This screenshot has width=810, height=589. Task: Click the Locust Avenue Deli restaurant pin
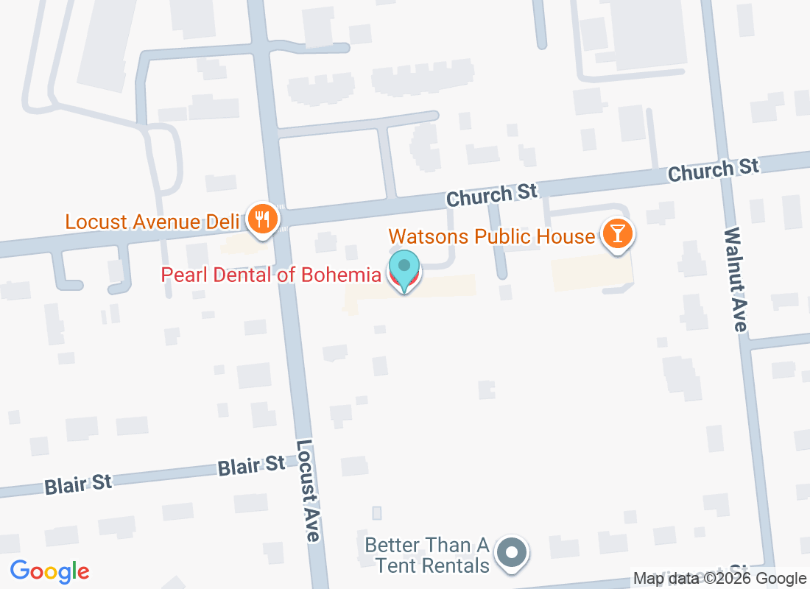click(x=261, y=219)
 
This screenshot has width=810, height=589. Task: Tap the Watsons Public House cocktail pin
click(x=618, y=234)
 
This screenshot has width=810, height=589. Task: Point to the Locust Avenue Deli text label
click(x=152, y=222)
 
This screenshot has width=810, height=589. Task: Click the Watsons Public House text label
click(x=492, y=236)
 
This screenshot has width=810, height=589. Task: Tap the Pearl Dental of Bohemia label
click(x=271, y=275)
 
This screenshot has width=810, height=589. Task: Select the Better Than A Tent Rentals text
click(x=428, y=555)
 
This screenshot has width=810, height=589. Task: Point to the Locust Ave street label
click(x=308, y=491)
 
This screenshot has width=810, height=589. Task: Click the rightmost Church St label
click(x=713, y=170)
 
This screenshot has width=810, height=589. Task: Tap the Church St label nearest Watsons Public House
click(x=493, y=195)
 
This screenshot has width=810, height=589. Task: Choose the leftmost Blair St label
click(x=78, y=484)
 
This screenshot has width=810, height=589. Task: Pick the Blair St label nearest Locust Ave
click(x=251, y=465)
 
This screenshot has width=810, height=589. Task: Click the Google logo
click(x=50, y=571)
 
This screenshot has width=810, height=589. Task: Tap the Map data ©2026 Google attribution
click(x=719, y=579)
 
